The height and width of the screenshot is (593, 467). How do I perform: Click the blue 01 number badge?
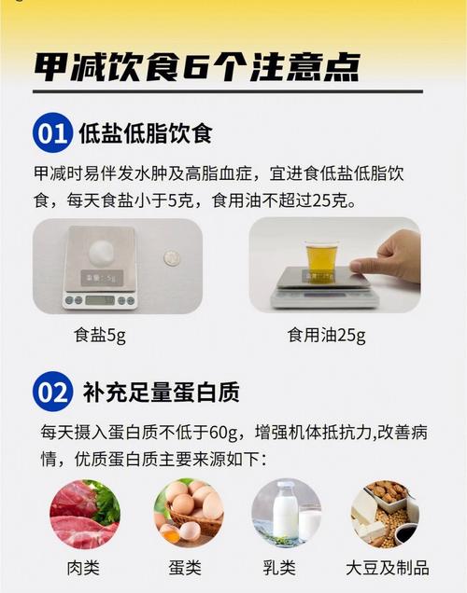[x=51, y=133]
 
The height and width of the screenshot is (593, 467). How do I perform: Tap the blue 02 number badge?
[x=51, y=392]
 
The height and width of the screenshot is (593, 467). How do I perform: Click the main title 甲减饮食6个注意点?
[x=197, y=67]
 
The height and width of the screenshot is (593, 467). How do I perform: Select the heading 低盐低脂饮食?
[x=146, y=133]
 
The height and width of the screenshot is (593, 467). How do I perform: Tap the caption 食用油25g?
[x=326, y=334]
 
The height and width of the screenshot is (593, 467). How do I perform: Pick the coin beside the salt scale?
[x=171, y=257]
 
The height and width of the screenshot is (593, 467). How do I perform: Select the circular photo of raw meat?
[x=85, y=513]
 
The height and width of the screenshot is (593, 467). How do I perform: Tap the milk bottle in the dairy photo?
[x=285, y=510]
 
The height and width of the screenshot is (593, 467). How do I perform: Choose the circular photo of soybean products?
[x=386, y=513]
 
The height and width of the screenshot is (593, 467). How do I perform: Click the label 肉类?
[x=84, y=568]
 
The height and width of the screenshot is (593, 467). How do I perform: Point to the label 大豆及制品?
[x=387, y=568]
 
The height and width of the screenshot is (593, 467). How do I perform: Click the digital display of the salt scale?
[x=98, y=300]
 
